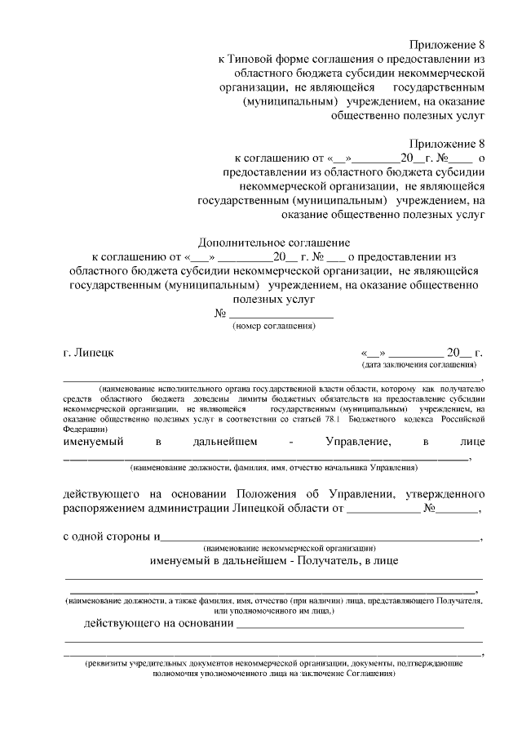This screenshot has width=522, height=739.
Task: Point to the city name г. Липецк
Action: (x=89, y=353)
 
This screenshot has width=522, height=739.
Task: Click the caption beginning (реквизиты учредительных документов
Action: (x=274, y=665)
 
